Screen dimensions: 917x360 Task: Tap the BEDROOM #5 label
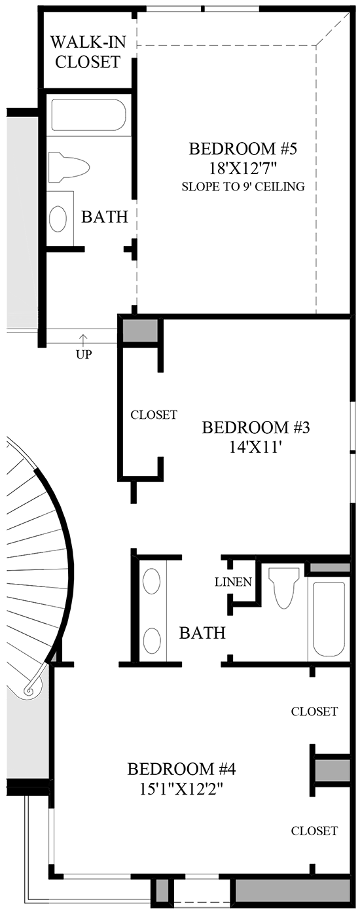(243, 149)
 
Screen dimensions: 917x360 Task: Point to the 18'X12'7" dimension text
(243, 169)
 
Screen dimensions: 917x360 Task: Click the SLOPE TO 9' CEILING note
(243, 187)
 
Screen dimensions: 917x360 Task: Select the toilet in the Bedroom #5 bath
(69, 166)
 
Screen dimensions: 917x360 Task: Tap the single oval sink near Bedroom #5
(58, 219)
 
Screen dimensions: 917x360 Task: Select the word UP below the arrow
(83, 355)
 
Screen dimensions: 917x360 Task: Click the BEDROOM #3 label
(255, 428)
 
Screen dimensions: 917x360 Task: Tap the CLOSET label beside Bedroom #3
(154, 415)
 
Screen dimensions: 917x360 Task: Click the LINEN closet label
(234, 582)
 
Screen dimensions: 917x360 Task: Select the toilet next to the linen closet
(283, 586)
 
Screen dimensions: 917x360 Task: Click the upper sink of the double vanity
(152, 581)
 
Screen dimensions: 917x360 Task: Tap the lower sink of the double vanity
(152, 640)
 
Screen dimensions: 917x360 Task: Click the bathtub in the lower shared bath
(328, 619)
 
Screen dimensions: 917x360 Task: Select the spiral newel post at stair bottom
(29, 689)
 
